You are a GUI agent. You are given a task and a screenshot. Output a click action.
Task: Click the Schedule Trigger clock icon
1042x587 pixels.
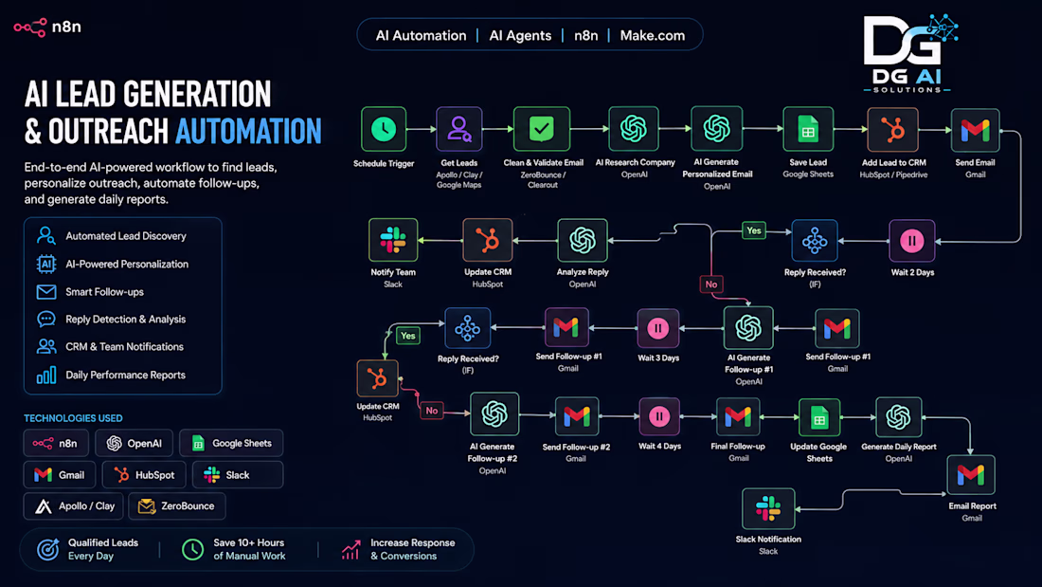coord(384,129)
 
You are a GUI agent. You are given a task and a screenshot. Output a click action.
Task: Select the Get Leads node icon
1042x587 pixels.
coord(458,129)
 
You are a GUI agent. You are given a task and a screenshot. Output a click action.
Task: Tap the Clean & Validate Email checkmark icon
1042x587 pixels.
coord(542,129)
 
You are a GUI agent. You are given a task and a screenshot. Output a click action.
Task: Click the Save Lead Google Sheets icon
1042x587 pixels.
coord(808,129)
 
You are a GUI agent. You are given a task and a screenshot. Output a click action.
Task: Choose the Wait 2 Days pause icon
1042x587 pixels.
coord(911,241)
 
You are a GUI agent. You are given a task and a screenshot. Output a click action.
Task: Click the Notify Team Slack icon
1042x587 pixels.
coord(393,240)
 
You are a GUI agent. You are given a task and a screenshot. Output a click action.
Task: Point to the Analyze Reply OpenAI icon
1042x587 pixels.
coord(583,240)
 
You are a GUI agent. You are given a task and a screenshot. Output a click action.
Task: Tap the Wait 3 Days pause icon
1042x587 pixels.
coord(658,328)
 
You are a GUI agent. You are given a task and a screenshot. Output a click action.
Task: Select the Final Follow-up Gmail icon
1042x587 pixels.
coord(738,417)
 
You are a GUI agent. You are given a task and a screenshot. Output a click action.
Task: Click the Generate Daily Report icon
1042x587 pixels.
coord(898,417)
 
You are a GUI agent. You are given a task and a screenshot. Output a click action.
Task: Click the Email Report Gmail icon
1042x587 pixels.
coord(971,474)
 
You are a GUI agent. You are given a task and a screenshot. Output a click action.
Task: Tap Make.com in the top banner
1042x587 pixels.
coord(652,36)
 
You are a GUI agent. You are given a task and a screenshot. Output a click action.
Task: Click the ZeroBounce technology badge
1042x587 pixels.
coord(177,506)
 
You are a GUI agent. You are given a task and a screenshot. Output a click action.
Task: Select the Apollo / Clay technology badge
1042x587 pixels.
coord(74,506)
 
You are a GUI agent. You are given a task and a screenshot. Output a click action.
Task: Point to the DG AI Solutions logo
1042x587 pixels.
coord(910,53)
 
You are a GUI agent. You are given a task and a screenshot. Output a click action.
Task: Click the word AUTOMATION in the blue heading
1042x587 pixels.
coord(248,131)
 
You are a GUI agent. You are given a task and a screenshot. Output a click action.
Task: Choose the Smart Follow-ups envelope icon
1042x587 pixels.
coord(45,291)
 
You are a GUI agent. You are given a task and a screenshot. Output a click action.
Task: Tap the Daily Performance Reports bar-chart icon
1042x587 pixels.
coord(45,376)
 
